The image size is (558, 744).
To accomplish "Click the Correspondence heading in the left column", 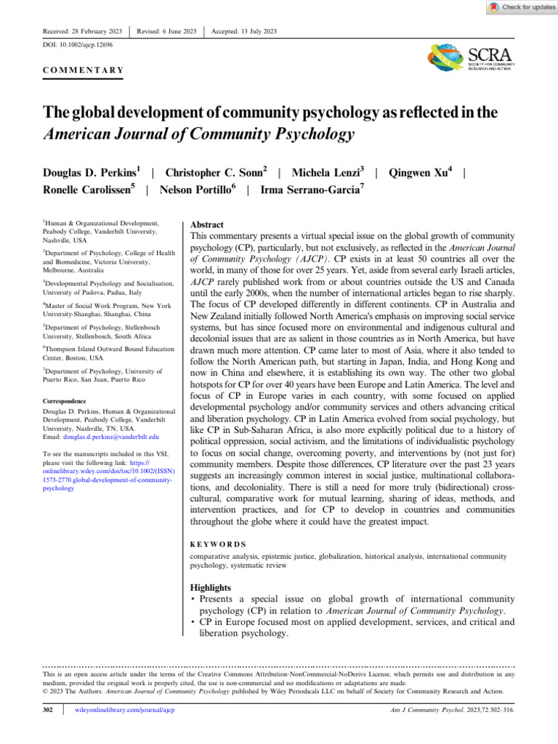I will tap(65, 401).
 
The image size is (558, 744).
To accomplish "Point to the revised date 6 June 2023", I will tap(167, 31).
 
